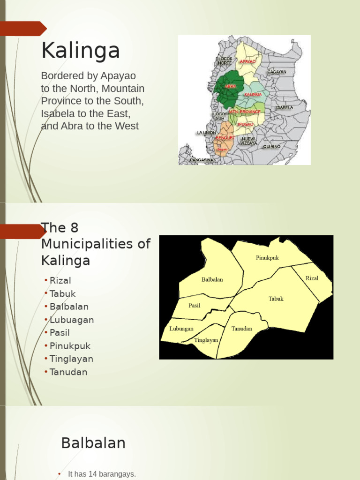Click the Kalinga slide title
point(80,51)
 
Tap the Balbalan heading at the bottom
point(93,442)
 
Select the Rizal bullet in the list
point(60,280)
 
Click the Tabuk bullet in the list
point(62,293)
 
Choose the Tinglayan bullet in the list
point(71,359)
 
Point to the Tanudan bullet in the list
point(68,372)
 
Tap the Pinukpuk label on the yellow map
point(267,257)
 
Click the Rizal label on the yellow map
point(312,278)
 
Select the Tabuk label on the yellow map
point(276,299)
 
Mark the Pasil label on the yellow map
point(194,305)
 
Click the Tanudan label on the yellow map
point(241,328)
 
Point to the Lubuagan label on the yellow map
point(181,329)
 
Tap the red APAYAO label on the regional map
point(247,61)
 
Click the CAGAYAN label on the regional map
point(277,72)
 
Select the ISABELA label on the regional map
point(284,107)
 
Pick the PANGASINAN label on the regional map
point(203,160)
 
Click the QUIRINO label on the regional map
point(272,146)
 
